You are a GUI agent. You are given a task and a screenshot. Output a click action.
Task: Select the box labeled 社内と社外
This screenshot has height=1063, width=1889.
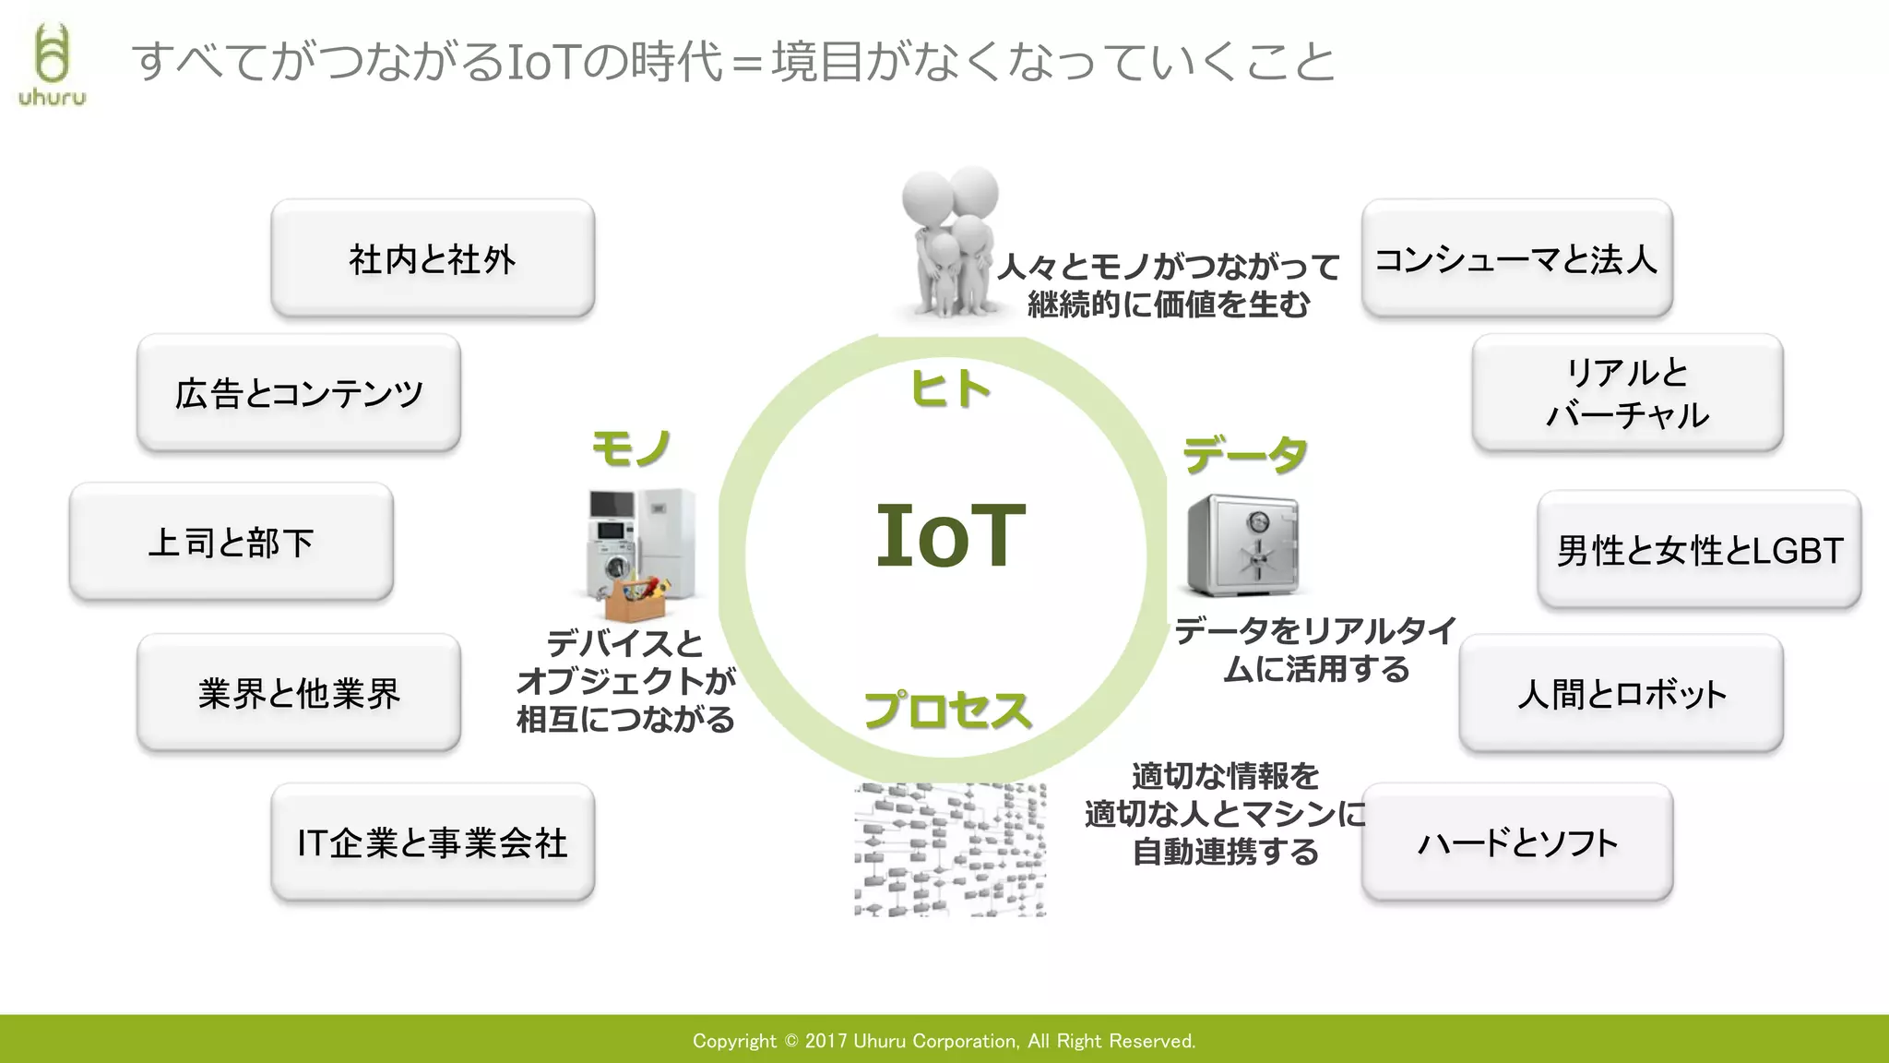pos(433,259)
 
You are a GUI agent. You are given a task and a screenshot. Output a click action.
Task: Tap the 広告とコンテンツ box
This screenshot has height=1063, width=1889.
pos(299,394)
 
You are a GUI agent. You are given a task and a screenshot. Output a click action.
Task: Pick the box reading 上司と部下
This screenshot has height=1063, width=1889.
pos(232,543)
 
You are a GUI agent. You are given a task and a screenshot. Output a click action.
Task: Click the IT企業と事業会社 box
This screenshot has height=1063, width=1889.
pos(433,842)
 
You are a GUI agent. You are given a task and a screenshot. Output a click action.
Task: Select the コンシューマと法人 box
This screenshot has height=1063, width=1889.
pos(1516,259)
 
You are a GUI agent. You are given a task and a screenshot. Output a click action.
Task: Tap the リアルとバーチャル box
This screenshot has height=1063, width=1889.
pos(1627,394)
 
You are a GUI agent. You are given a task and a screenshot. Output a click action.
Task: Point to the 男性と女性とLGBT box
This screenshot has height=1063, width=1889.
pos(1699,551)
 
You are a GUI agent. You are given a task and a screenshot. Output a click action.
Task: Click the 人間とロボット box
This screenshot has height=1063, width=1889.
pos(1621,694)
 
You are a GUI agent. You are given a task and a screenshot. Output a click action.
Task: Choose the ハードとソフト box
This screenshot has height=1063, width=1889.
pos(1516,842)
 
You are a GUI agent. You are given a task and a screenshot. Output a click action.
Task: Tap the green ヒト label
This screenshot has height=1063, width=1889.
pos(950,388)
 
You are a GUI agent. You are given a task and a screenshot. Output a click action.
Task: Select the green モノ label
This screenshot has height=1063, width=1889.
pos(631,449)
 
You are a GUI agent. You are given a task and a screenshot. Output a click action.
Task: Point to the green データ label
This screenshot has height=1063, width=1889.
pos(1245,455)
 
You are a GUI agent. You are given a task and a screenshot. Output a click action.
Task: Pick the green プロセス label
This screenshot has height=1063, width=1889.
pos(947,711)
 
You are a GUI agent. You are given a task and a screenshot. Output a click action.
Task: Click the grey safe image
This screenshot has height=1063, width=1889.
pos(1242,545)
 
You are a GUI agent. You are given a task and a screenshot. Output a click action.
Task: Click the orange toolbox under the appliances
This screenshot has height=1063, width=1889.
pos(636,600)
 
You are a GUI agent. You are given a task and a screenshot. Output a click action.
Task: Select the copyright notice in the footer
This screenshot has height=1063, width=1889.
pos(944,1041)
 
